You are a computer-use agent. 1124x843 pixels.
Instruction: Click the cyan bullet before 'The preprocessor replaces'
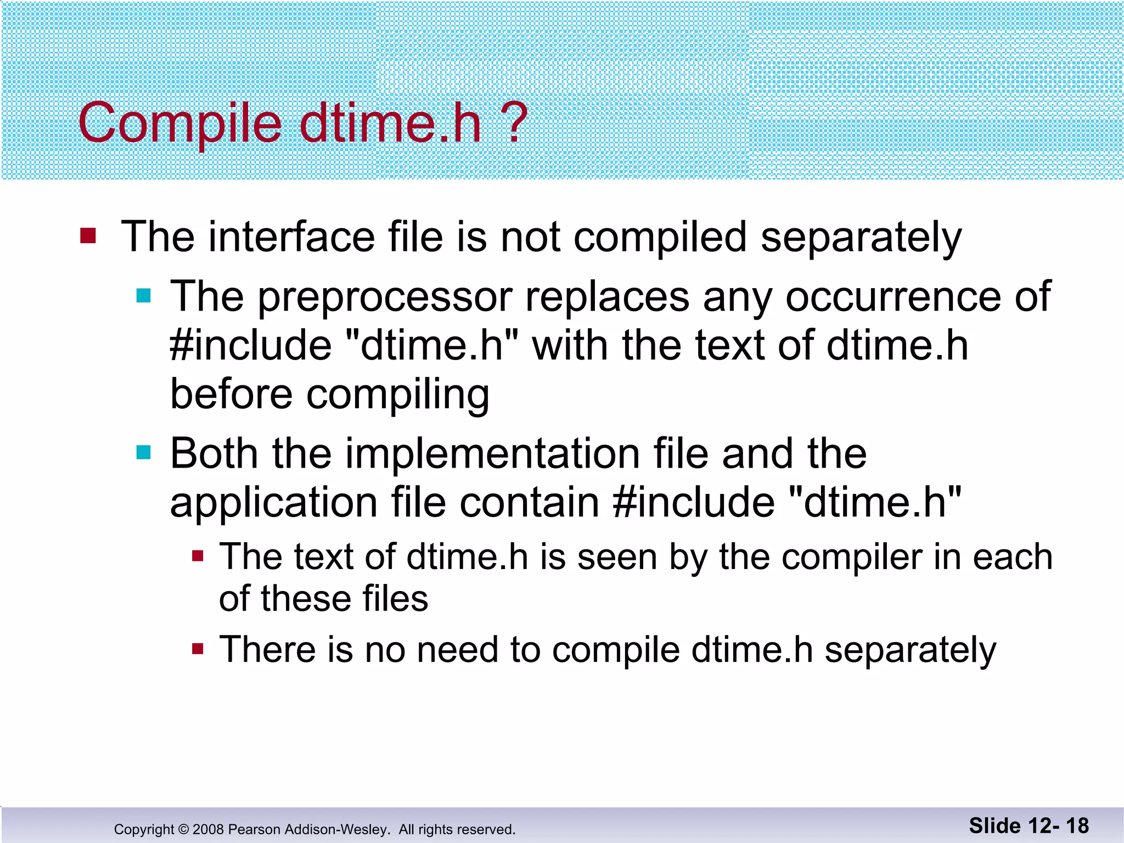(x=144, y=296)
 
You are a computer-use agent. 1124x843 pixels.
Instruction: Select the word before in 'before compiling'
(x=231, y=394)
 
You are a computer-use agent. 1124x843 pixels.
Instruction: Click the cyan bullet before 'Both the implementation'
(x=144, y=453)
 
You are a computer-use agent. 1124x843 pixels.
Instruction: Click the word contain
(x=529, y=502)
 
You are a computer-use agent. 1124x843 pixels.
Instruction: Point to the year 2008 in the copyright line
(x=208, y=829)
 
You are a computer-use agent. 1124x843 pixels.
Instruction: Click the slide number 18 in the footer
(x=1077, y=825)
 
